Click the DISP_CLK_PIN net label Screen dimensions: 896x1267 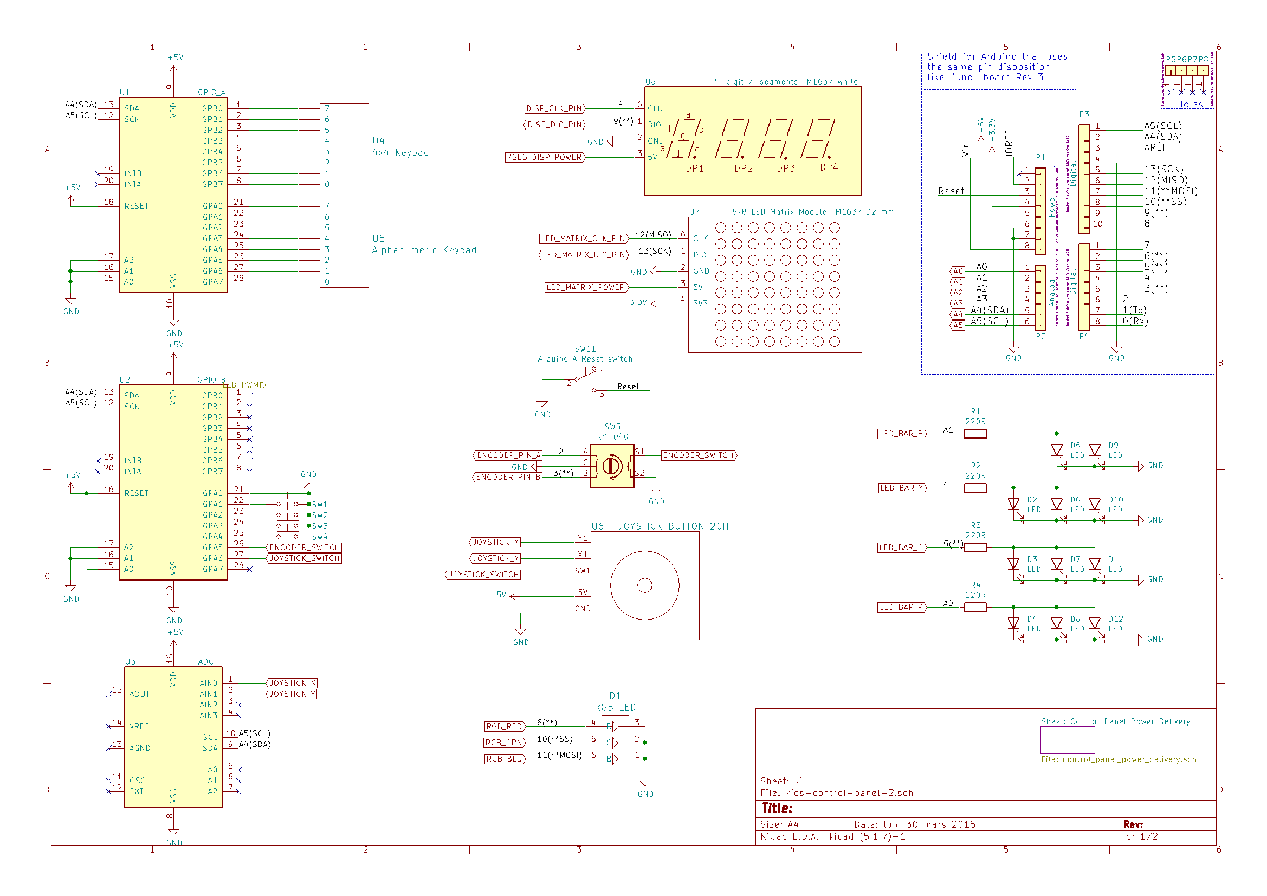[x=554, y=109]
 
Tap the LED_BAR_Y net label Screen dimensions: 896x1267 [x=902, y=488]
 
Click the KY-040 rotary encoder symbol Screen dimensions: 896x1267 [x=612, y=467]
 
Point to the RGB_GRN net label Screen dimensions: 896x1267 [x=504, y=743]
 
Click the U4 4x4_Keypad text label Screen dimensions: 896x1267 [x=400, y=147]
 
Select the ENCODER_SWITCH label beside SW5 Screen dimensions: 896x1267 [x=699, y=455]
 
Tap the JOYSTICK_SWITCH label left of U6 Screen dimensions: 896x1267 [x=483, y=575]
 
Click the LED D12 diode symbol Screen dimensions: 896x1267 [x=1095, y=624]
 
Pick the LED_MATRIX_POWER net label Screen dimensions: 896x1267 [x=586, y=288]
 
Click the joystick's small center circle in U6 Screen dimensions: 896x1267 [x=644, y=585]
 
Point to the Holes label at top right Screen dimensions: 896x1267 [x=1189, y=104]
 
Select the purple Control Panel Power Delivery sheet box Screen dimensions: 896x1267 [x=1067, y=740]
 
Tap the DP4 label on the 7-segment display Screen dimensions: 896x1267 [x=829, y=167]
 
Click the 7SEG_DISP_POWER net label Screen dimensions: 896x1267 [x=544, y=158]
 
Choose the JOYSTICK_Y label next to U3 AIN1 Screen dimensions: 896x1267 [x=292, y=694]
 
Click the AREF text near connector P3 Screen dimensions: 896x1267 [x=1155, y=147]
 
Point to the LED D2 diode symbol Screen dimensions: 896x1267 [x=1013, y=505]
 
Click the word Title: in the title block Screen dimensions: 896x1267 [x=777, y=808]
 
